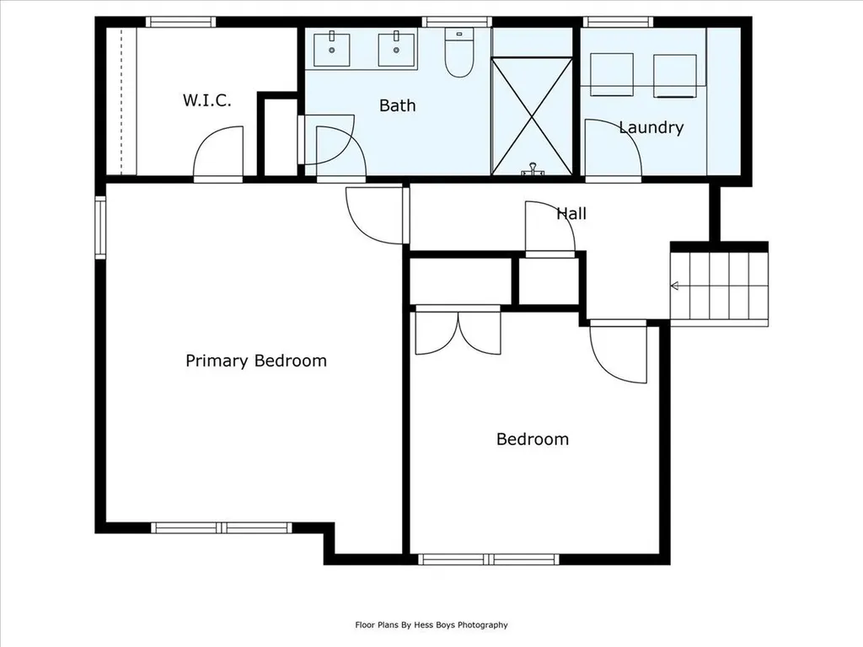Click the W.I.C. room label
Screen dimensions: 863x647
(x=207, y=100)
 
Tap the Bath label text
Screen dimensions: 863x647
(x=398, y=105)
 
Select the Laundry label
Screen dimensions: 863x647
(x=651, y=128)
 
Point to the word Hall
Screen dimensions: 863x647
(x=571, y=213)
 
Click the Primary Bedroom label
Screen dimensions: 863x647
(x=256, y=361)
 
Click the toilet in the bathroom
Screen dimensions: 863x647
(x=458, y=53)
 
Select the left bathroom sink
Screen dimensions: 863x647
(x=332, y=50)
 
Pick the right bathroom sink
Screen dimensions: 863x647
(x=396, y=50)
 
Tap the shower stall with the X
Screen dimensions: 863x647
(x=532, y=116)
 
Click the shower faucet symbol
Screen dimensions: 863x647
(x=533, y=169)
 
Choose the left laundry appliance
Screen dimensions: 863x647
(x=612, y=75)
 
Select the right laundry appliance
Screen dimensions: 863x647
(x=675, y=76)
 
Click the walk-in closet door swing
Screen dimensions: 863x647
(x=218, y=153)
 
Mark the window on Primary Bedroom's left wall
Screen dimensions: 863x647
(x=100, y=227)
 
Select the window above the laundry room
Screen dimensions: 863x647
(x=618, y=22)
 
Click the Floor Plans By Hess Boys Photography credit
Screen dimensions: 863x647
(x=431, y=624)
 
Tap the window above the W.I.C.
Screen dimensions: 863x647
(x=181, y=22)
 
